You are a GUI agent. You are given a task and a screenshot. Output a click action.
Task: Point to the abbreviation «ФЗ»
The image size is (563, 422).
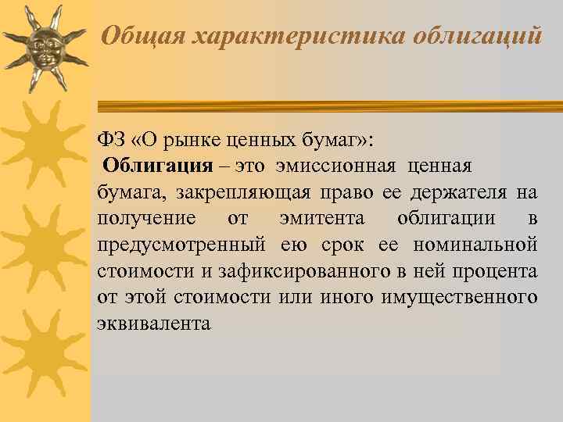pyautogui.click(x=111, y=139)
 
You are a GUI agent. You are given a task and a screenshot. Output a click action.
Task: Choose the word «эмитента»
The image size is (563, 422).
pyautogui.click(x=312, y=219)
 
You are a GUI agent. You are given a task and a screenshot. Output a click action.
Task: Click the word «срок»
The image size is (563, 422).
pyautogui.click(x=342, y=245)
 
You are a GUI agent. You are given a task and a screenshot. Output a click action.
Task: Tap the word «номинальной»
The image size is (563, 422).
pyautogui.click(x=477, y=245)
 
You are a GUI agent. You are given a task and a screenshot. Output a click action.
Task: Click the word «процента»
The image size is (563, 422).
pyautogui.click(x=496, y=272)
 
